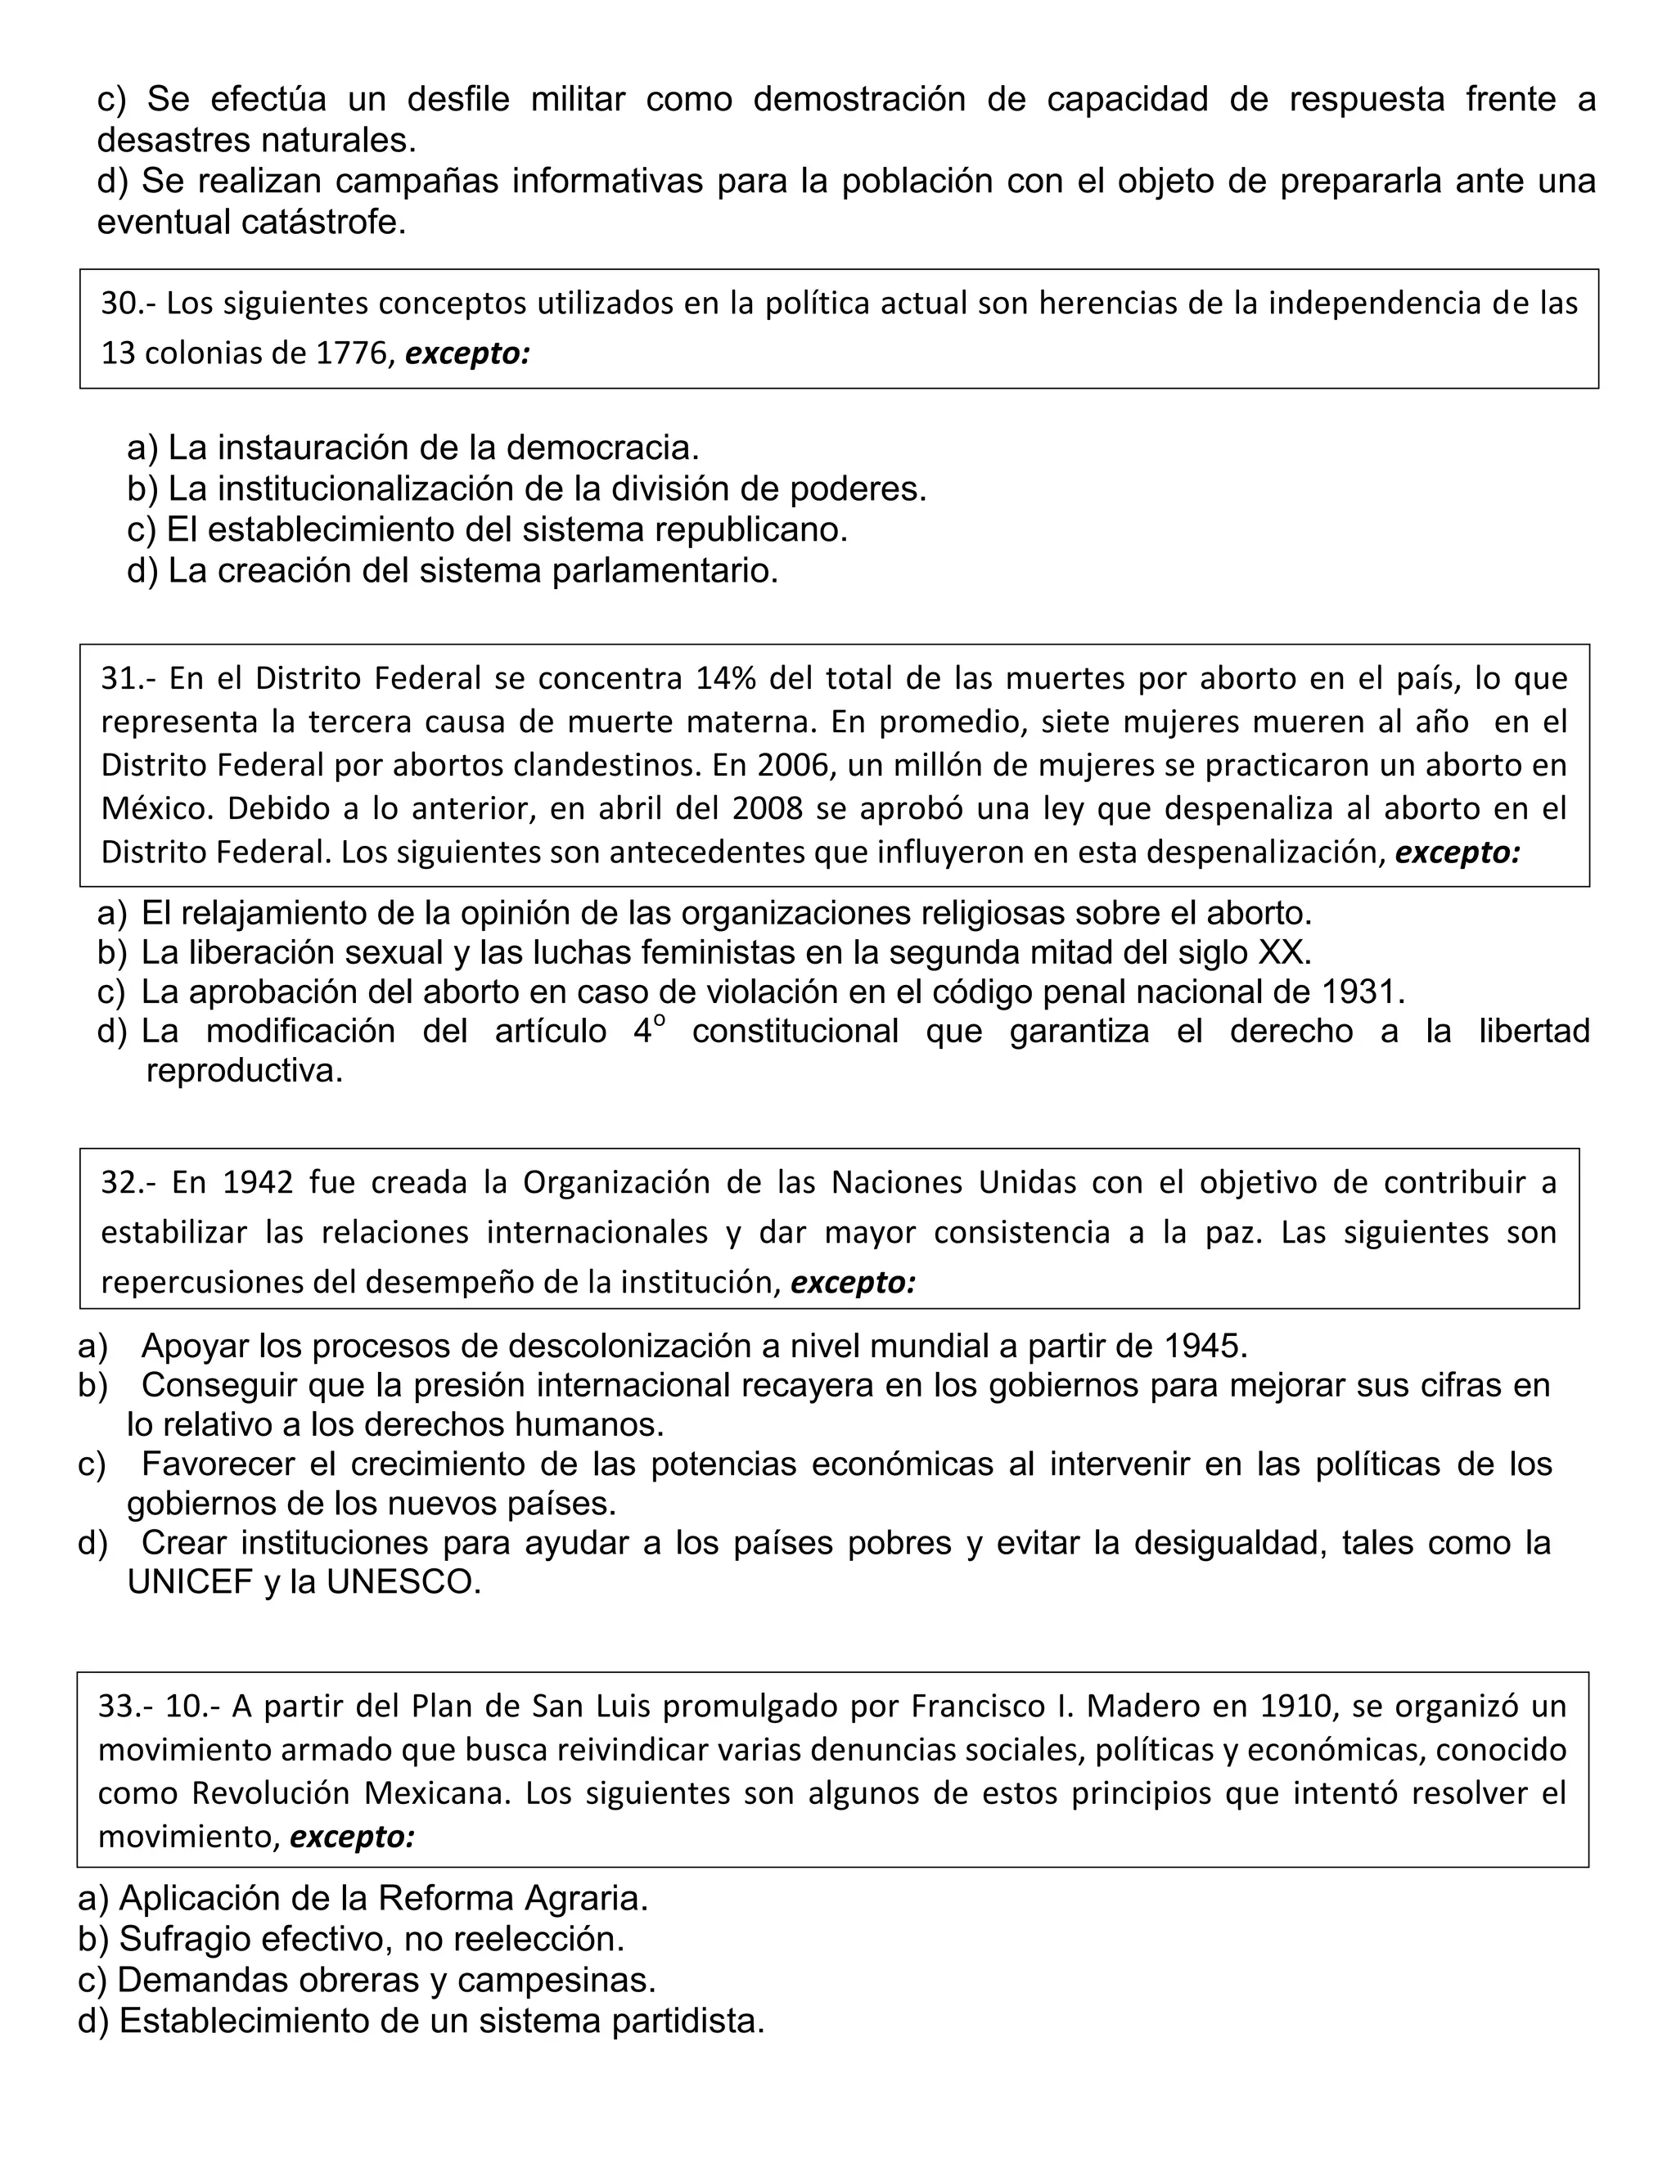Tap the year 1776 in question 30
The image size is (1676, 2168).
[350, 353]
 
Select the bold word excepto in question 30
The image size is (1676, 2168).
[467, 353]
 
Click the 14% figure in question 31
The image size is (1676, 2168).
[726, 678]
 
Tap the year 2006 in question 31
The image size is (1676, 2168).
[791, 766]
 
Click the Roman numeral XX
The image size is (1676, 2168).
[1284, 952]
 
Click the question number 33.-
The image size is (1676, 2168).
[126, 1707]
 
